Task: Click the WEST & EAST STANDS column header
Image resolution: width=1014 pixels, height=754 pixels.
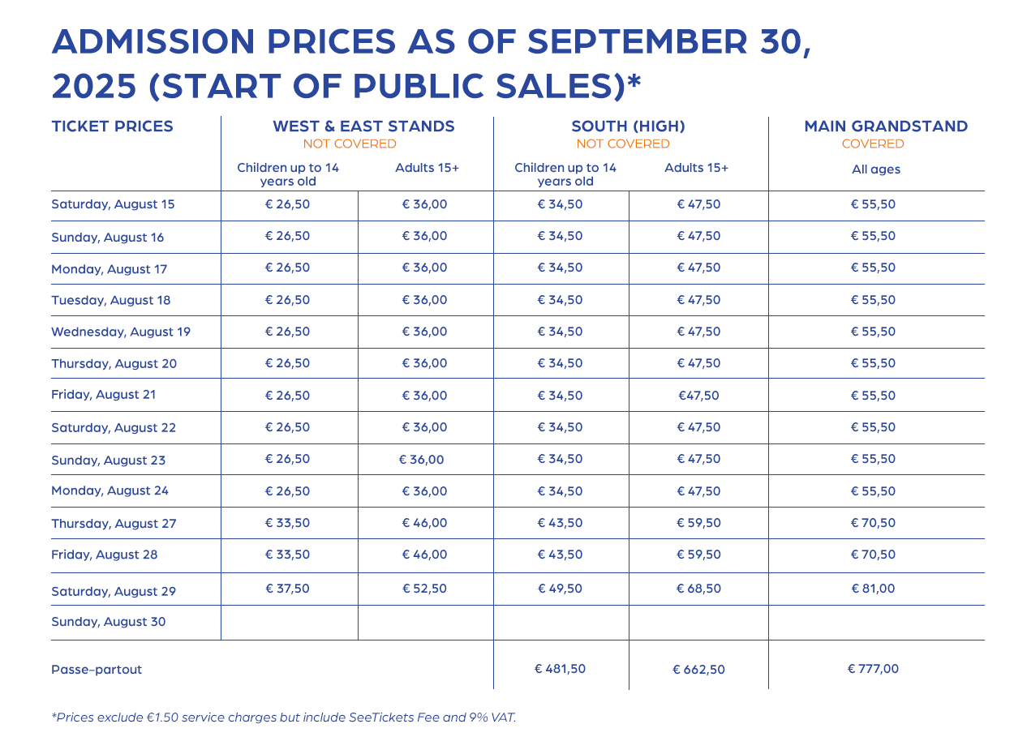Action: pyautogui.click(x=363, y=126)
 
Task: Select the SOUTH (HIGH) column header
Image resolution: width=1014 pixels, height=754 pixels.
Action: pyautogui.click(x=628, y=126)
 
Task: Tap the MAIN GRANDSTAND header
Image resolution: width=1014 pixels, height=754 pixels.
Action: pyautogui.click(x=886, y=126)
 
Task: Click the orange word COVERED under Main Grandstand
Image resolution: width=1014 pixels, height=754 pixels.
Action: pyautogui.click(x=873, y=144)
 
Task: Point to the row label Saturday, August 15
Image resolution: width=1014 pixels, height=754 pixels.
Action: pyautogui.click(x=113, y=204)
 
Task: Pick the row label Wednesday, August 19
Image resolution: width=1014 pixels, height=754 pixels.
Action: pyautogui.click(x=121, y=332)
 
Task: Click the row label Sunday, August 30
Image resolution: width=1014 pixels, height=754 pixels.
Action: pyautogui.click(x=108, y=622)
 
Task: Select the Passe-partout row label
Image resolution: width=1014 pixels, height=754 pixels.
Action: pyautogui.click(x=97, y=670)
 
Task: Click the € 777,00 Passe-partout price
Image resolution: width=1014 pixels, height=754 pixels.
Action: pyautogui.click(x=873, y=669)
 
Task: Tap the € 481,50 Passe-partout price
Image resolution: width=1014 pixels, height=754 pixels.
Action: pyautogui.click(x=560, y=669)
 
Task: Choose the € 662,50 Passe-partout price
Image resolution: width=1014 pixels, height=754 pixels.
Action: pyautogui.click(x=698, y=670)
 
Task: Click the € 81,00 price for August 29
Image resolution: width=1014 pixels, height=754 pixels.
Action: pyautogui.click(x=873, y=589)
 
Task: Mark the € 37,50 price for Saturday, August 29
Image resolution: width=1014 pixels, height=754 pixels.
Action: pyautogui.click(x=287, y=589)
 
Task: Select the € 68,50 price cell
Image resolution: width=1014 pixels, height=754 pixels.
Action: pyautogui.click(x=698, y=589)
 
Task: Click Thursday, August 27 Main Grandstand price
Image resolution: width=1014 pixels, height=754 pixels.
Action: pyautogui.click(x=873, y=523)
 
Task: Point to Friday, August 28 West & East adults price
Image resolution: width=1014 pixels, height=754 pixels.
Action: pyautogui.click(x=424, y=555)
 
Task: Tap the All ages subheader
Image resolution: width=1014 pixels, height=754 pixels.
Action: pyautogui.click(x=875, y=169)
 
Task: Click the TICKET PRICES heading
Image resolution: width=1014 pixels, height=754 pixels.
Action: pyautogui.click(x=112, y=126)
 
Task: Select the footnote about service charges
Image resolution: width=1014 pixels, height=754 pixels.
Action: pyautogui.click(x=283, y=718)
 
